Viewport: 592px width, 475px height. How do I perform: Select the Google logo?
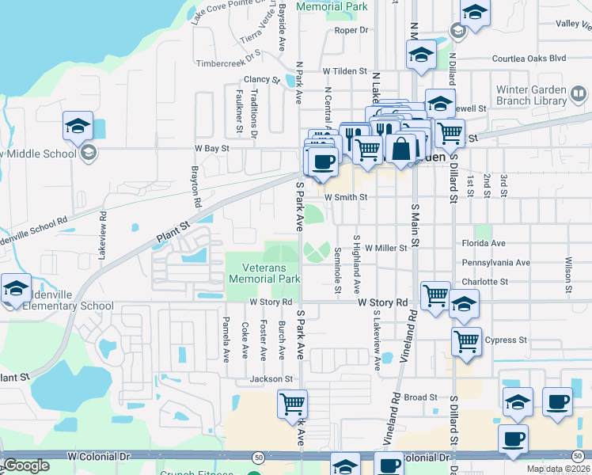pos(26,465)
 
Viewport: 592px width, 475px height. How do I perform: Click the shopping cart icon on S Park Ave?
pos(293,404)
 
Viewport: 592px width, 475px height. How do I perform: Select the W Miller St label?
pos(385,248)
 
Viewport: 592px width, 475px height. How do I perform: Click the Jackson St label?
pos(266,379)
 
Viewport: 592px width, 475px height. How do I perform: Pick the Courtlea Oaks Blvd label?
pos(529,59)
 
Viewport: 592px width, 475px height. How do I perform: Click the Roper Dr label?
pos(352,30)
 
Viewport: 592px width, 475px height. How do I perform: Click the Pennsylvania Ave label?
pos(495,262)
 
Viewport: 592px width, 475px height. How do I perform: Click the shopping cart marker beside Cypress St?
pos(466,341)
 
